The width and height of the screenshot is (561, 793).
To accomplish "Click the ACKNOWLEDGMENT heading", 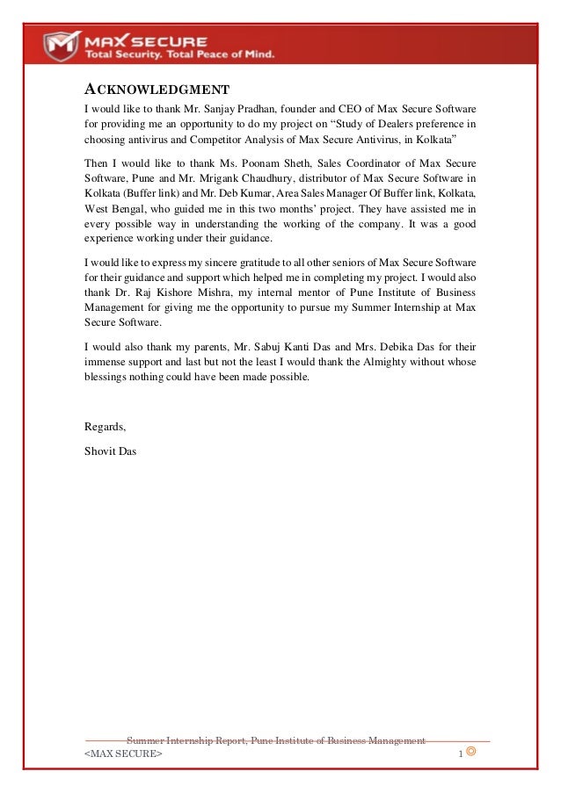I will pyautogui.click(x=157, y=90).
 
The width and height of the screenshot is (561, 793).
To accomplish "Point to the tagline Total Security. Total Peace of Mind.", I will pyautogui.click(x=179, y=54).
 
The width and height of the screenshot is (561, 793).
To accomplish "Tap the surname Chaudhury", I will pyautogui.click(x=249, y=179).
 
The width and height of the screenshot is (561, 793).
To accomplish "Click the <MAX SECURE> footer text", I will pyautogui.click(x=123, y=755).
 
